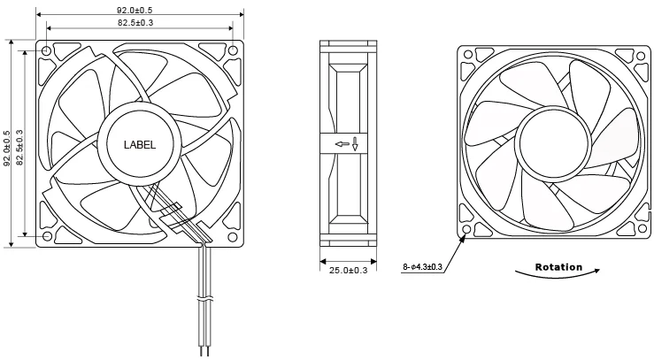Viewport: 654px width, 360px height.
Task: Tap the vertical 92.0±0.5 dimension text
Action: click(7, 148)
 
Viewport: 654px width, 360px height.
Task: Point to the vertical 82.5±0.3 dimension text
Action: click(19, 148)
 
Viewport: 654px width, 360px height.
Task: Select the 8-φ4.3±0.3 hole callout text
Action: click(422, 266)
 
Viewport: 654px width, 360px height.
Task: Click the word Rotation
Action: click(558, 267)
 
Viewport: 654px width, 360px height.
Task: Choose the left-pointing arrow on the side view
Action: click(341, 144)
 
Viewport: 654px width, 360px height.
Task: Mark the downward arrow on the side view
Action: click(355, 144)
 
